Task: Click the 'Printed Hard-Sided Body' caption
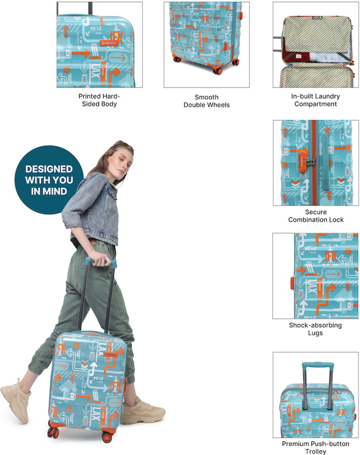click(99, 100)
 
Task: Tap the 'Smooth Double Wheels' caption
click(206, 101)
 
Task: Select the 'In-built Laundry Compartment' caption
click(315, 100)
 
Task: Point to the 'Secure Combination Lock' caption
click(316, 216)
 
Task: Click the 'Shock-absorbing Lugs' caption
click(315, 329)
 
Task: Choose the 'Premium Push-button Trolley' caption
click(315, 447)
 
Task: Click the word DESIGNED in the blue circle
click(49, 169)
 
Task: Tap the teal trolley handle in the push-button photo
click(317, 365)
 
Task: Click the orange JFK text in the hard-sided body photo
click(116, 37)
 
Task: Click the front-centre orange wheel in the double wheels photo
click(217, 70)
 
